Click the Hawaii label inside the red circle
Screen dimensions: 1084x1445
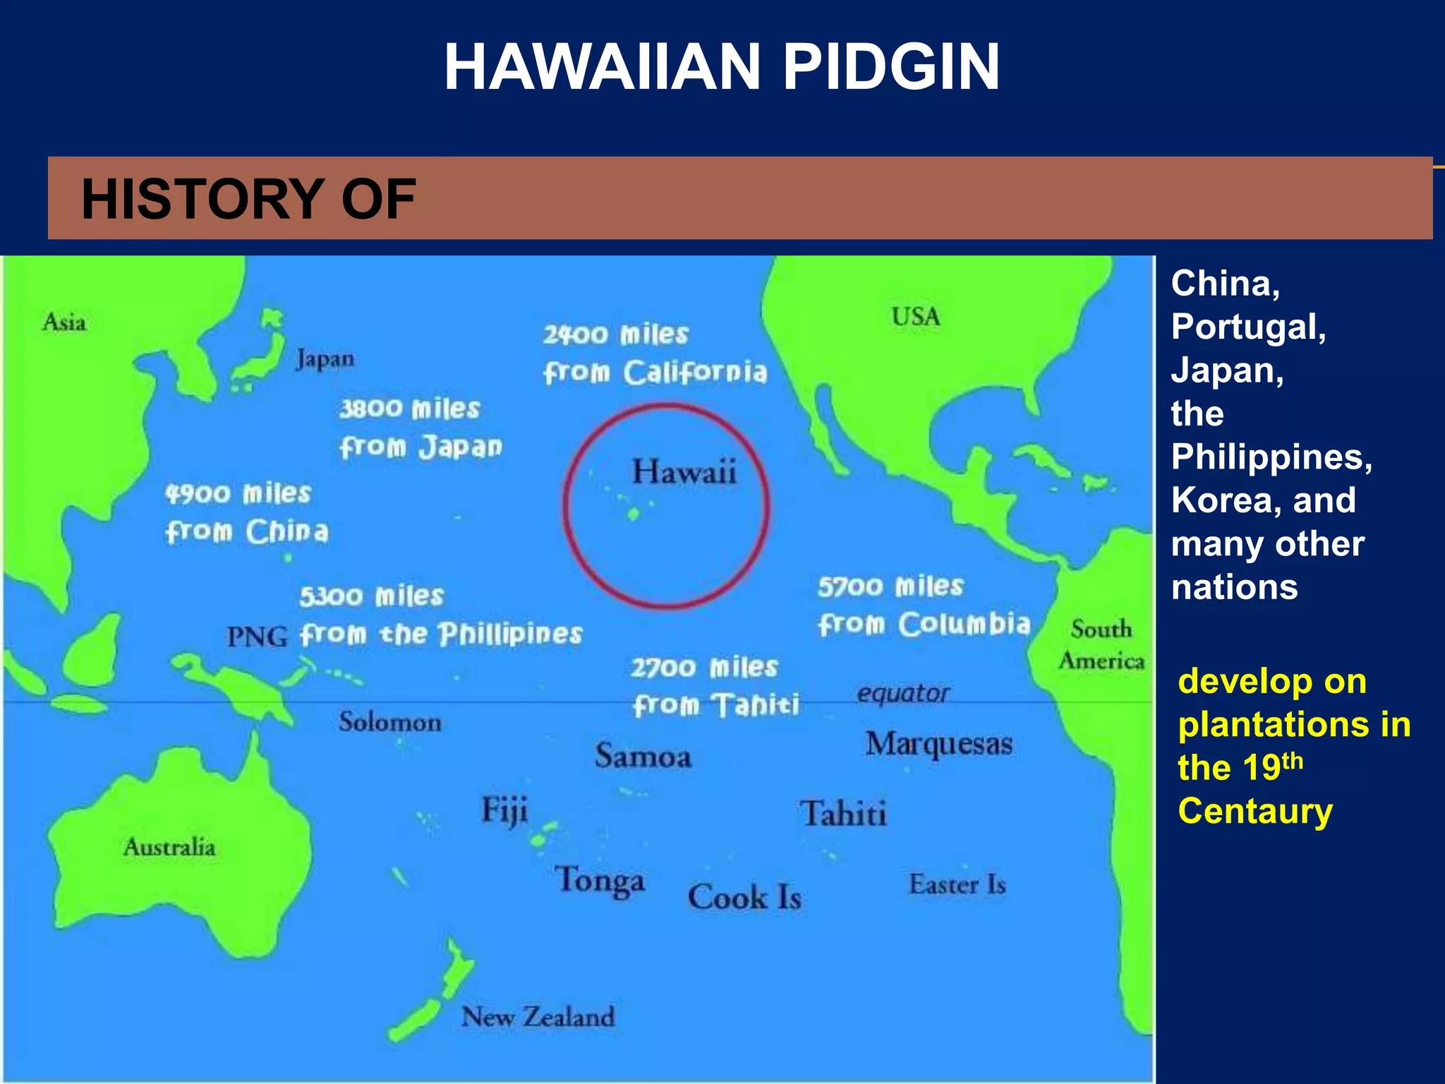point(684,472)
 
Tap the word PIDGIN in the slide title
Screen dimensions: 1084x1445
point(891,67)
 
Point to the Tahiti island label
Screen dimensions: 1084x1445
point(843,814)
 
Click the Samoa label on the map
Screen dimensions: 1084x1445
point(643,757)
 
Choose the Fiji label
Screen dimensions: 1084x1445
point(504,810)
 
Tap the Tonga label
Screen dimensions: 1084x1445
point(600,881)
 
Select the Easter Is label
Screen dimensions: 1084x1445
point(957,884)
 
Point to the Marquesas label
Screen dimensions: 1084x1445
point(939,744)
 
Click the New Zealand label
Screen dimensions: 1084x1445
point(538,1017)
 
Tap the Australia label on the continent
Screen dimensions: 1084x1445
point(169,847)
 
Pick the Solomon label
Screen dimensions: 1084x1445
point(389,722)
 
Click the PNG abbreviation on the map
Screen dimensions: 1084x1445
point(257,637)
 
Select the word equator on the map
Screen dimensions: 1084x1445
point(903,694)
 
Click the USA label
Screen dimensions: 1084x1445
point(915,317)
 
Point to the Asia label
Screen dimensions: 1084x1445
point(64,323)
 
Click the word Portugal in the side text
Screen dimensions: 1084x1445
point(1248,327)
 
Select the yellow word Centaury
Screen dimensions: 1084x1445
point(1255,812)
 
